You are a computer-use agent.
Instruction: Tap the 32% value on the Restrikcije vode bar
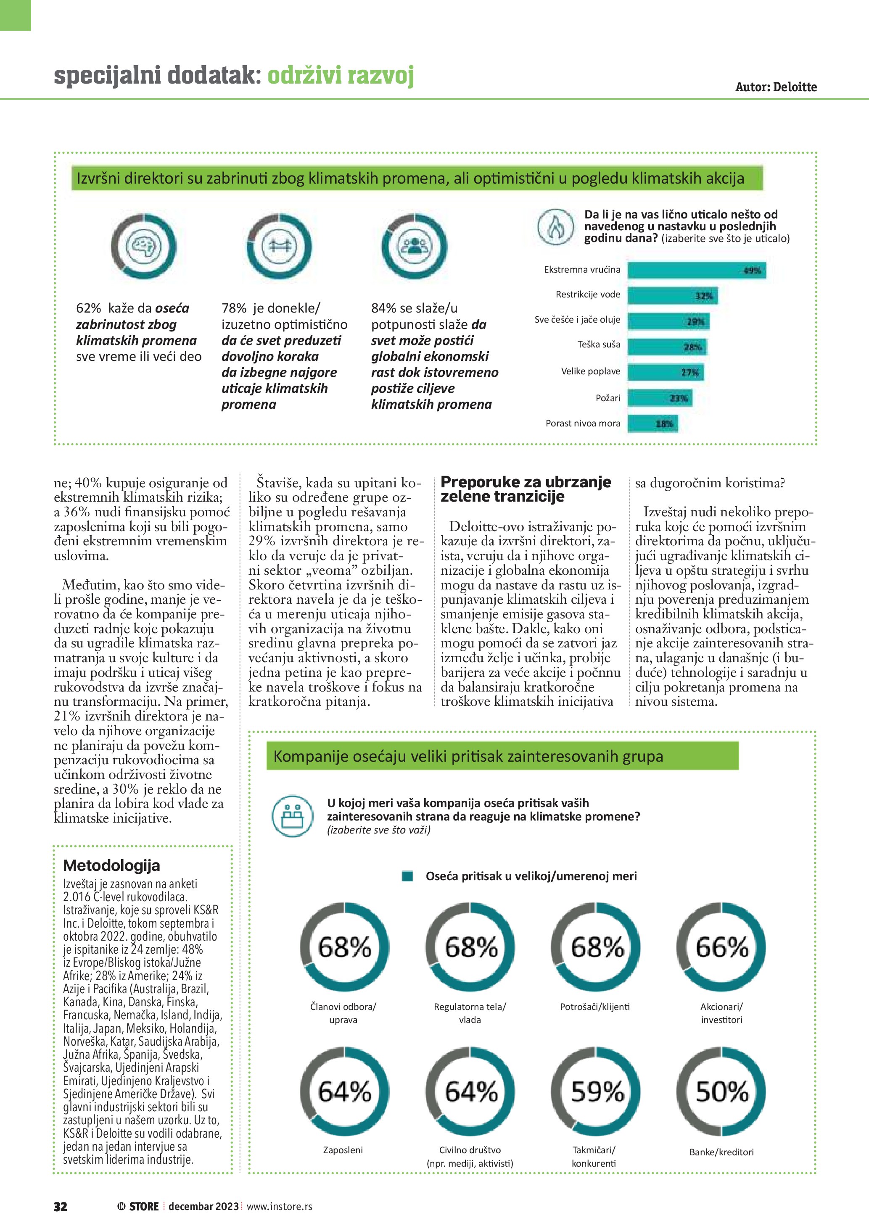pos(704,296)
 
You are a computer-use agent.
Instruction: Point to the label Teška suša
pos(599,344)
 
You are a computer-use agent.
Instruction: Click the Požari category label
pos(608,398)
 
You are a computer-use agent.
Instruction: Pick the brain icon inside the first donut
pos(143,247)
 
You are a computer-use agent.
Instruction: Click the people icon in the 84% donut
pos(414,247)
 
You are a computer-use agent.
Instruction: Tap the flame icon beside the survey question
pos(556,227)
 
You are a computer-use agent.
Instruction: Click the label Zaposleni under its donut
pos(343,1150)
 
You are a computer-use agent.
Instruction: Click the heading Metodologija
pos(111,865)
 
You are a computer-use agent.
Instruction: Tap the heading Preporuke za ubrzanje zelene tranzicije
pos(526,489)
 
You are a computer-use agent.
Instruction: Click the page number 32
pos(61,1206)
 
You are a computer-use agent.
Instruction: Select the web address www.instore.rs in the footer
pos(279,1206)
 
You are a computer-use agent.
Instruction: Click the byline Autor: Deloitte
pos(776,87)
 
